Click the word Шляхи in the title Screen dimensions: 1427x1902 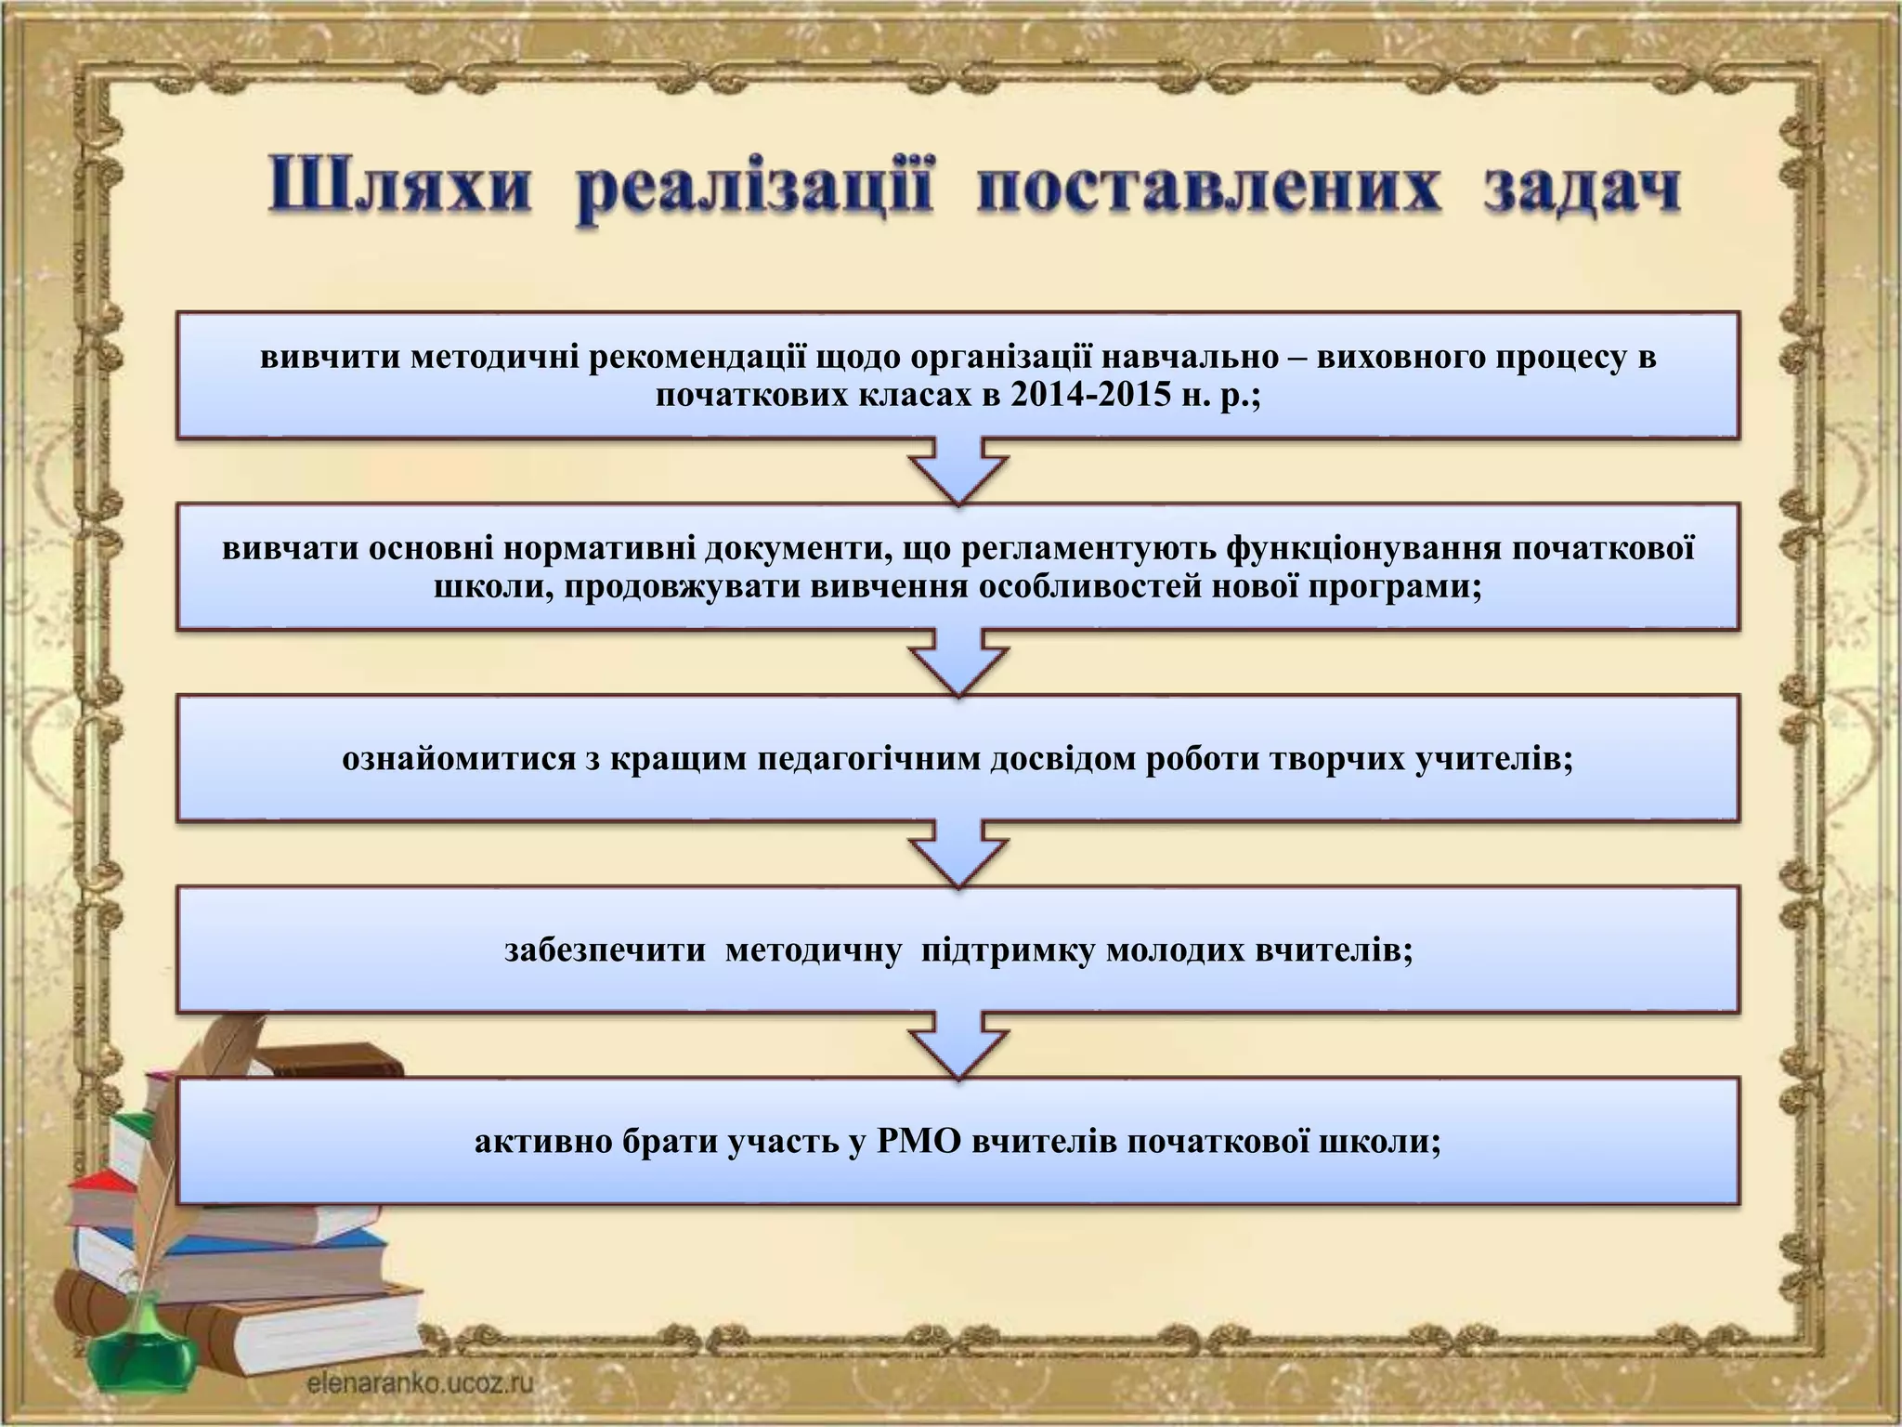[400, 190]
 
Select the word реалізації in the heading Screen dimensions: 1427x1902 [755, 194]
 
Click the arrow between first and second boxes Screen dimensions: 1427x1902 [958, 471]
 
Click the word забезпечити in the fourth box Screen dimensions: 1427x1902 [605, 951]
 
